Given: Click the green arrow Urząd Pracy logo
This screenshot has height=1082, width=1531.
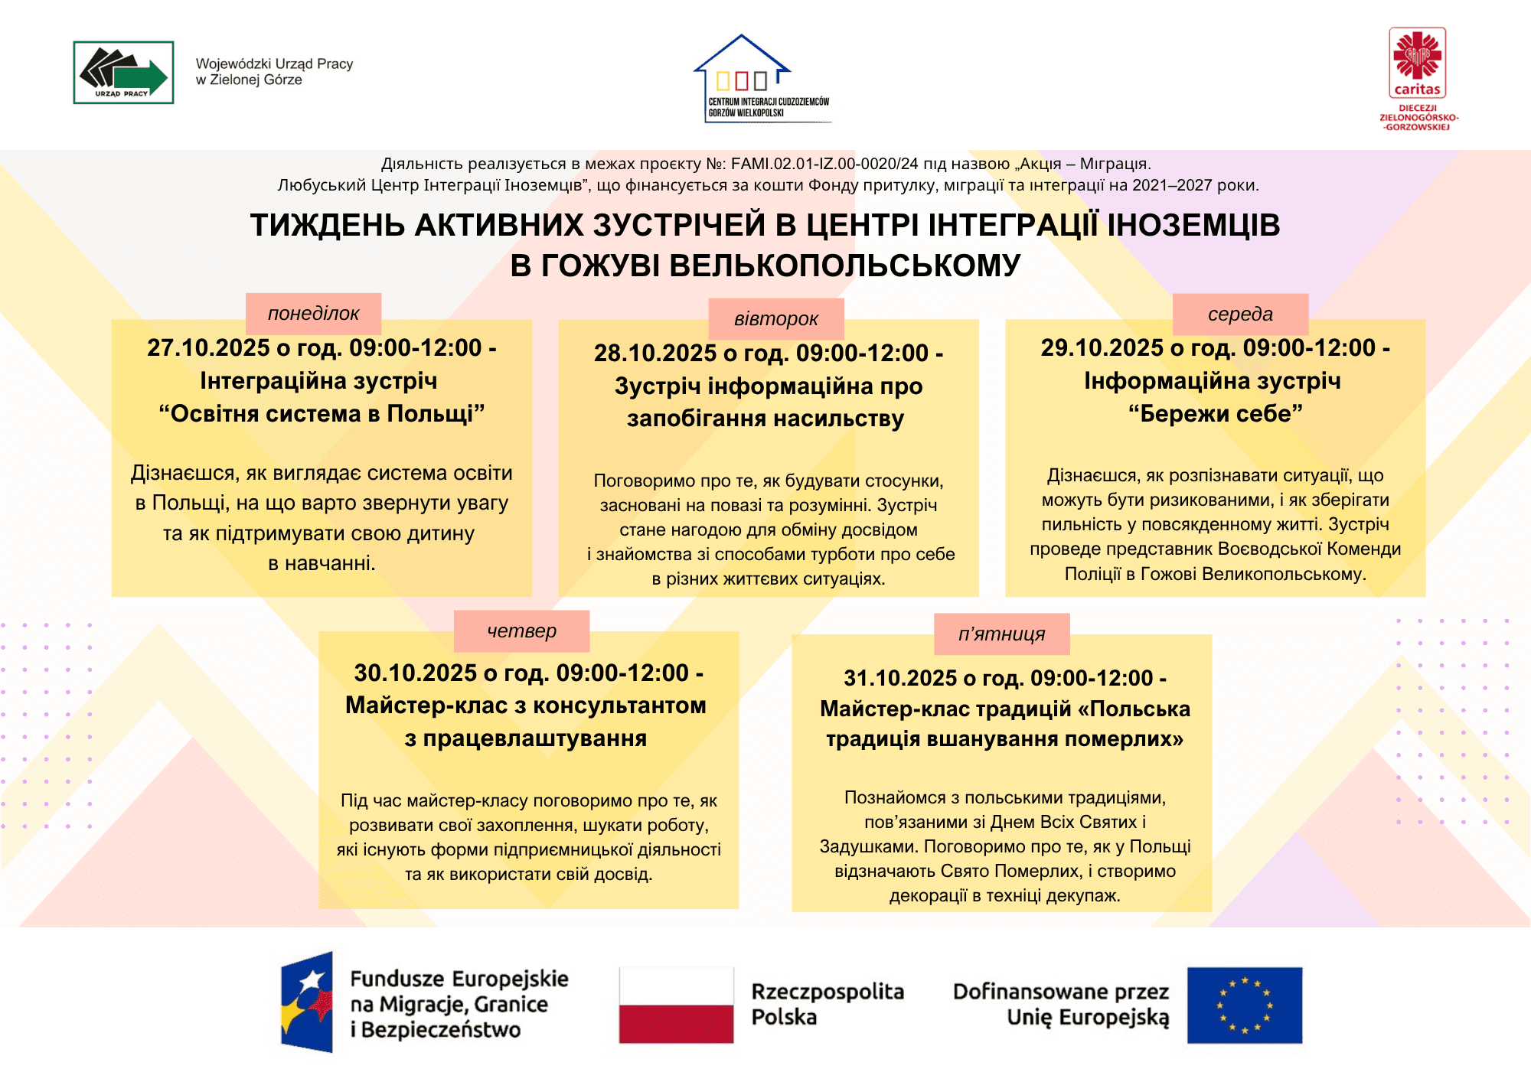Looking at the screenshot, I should coord(123,73).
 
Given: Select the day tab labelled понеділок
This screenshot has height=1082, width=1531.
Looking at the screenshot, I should coord(313,314).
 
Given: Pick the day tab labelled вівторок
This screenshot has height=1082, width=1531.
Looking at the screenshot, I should coord(776,319).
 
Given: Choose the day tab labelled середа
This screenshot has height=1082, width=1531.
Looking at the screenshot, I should coord(1240,314).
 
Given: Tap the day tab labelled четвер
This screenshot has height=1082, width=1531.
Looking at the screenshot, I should coord(521,631).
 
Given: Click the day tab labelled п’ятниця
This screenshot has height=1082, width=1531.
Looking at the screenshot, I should coord(1001,634).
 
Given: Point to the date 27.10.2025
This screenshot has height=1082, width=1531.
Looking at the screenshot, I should coord(208,348).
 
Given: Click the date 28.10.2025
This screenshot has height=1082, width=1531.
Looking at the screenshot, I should coord(655,354).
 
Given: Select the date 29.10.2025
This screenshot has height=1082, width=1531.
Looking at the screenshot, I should coord(1102,348).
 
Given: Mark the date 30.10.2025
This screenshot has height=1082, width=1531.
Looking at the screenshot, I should coord(416,673).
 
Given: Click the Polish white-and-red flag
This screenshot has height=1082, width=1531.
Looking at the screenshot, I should coord(676,1005).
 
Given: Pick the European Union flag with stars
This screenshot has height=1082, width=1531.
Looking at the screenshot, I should coord(1244,1005).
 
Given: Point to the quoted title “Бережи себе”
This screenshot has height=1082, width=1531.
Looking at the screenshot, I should coord(1215,414).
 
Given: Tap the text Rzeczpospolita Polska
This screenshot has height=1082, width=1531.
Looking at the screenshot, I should coord(827,1004).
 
